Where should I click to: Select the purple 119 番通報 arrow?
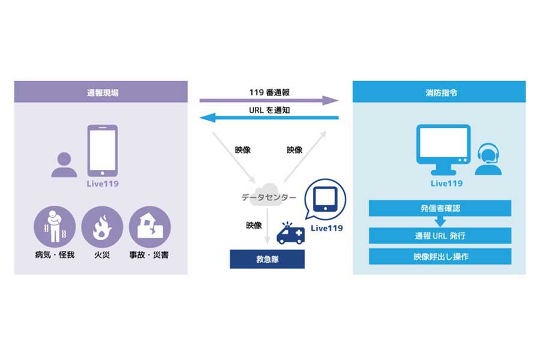click(269, 100)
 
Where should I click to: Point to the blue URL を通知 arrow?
click(269, 118)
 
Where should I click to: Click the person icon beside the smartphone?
click(64, 164)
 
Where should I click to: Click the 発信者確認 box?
click(440, 208)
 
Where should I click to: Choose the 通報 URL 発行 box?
click(440, 236)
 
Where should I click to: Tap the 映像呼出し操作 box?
click(440, 256)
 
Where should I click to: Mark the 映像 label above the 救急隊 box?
click(254, 226)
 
